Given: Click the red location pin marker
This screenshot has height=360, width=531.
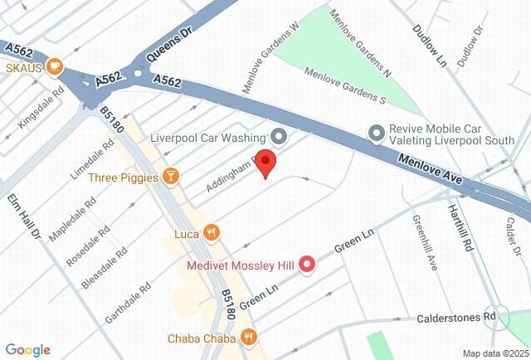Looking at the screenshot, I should tap(265, 163).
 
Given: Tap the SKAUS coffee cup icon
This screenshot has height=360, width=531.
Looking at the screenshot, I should tap(55, 65).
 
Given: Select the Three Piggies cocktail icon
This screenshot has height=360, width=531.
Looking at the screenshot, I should tap(170, 175).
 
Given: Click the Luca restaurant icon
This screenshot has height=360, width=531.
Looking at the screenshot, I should tap(212, 233).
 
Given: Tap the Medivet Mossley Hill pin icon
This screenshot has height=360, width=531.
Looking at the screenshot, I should tap(308, 265).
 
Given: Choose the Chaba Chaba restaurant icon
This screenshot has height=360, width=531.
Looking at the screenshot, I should tap(247, 337).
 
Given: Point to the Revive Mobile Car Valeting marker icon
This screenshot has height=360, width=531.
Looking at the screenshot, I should tap(377, 133).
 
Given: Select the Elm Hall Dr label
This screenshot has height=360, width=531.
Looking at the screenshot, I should tap(25, 216).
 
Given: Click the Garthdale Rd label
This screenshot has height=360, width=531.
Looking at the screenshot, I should tap(128, 304).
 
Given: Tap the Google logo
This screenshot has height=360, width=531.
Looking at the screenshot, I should tap(28, 350).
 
